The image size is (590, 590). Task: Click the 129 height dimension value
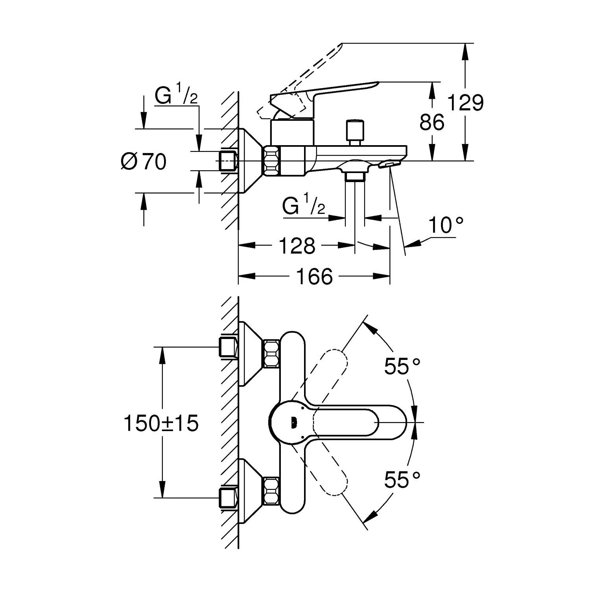[x=466, y=103]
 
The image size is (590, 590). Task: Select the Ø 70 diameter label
[x=144, y=161]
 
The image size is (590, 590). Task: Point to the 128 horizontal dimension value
[x=297, y=246]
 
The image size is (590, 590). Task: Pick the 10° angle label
[x=446, y=226]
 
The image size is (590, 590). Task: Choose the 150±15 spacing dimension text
[x=161, y=424]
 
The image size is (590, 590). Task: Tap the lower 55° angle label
[x=402, y=479]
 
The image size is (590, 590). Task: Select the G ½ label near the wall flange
[x=176, y=96]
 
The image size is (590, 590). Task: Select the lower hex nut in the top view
[x=271, y=491]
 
